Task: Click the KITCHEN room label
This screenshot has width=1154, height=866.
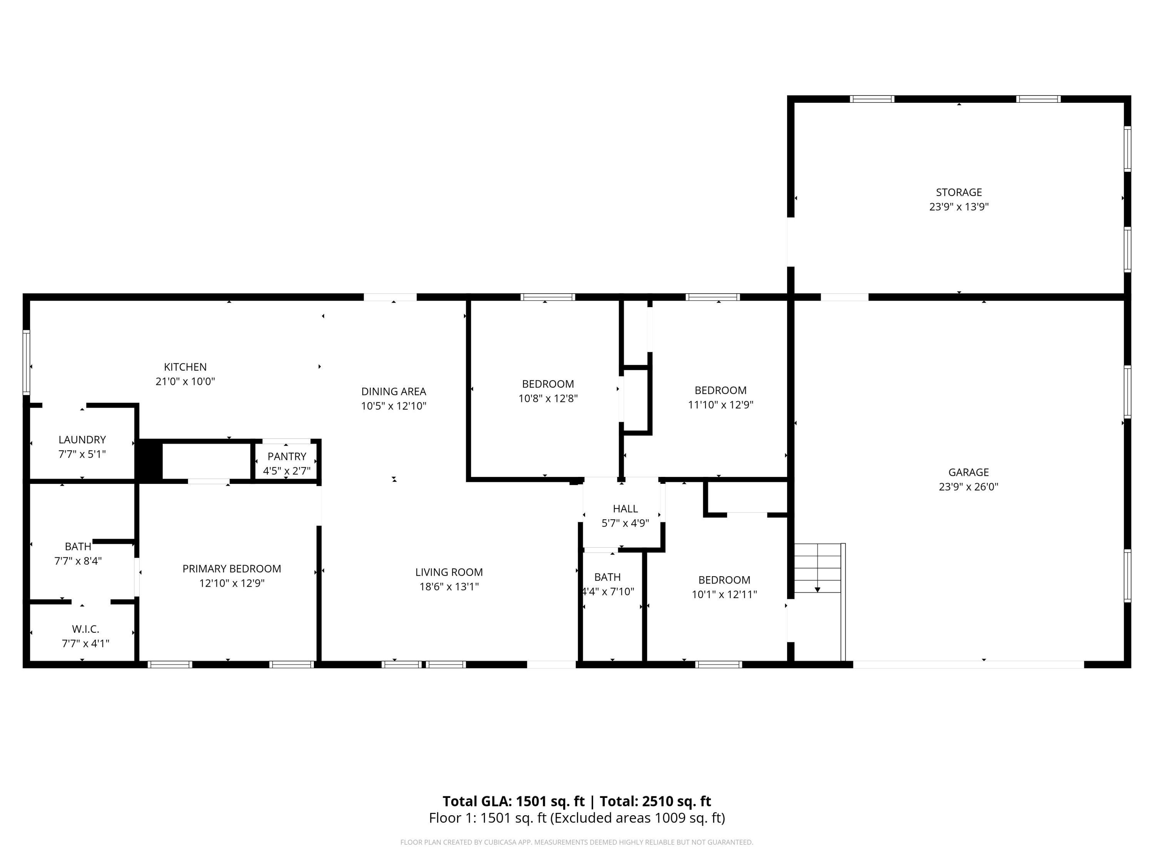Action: [x=185, y=367]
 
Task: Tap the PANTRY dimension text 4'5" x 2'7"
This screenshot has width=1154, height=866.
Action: [x=287, y=471]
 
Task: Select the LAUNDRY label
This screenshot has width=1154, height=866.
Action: [x=82, y=440]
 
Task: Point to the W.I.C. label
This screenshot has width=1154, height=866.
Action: [x=85, y=629]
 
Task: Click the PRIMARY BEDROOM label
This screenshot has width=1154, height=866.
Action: [x=232, y=568]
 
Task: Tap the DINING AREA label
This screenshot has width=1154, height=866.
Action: [x=394, y=391]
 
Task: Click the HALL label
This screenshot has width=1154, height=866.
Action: [x=625, y=508]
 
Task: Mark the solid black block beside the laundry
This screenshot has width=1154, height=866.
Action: [x=149, y=459]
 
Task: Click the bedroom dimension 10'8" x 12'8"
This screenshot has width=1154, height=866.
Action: [x=548, y=399]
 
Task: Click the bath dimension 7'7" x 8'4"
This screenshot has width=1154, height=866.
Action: [x=78, y=561]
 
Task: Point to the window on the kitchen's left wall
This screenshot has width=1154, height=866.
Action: [x=27, y=361]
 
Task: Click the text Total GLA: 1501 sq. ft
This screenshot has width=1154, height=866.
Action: [x=514, y=801]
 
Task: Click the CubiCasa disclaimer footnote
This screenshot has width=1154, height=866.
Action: [x=577, y=842]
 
